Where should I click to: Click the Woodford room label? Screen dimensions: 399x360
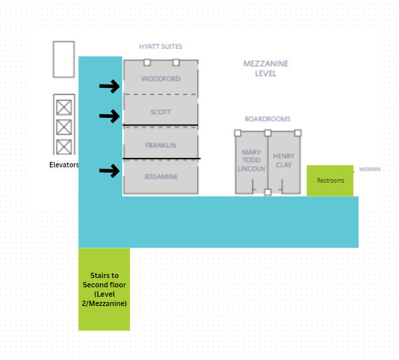[x=161, y=79]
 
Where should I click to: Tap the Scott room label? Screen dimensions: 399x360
[x=161, y=112]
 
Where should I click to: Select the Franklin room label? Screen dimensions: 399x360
[x=161, y=145]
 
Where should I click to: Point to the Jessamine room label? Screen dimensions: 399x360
[x=161, y=177]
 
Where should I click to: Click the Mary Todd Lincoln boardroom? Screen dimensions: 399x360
[x=252, y=163]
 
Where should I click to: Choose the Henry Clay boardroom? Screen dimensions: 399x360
[x=284, y=163]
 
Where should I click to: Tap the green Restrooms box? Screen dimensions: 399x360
[x=330, y=181]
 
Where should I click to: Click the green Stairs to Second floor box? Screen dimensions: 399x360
[x=104, y=289]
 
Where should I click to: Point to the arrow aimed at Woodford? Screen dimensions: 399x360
[x=109, y=86]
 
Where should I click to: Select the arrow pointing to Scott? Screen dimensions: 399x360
[x=109, y=116]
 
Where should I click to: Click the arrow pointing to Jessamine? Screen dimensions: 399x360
[x=109, y=171]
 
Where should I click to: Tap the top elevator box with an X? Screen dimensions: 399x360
[x=64, y=107]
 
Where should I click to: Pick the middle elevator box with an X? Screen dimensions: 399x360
[x=64, y=127]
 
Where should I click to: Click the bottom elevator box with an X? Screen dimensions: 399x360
[x=64, y=147]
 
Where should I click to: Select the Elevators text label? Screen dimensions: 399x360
[x=64, y=165]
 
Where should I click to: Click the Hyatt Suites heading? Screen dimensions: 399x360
[x=161, y=47]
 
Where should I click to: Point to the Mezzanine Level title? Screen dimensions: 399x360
[x=266, y=69]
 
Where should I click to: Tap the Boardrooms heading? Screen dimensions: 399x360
[x=268, y=119]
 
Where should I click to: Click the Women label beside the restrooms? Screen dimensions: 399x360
[x=370, y=169]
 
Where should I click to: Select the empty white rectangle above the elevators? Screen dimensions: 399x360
[x=64, y=59]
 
